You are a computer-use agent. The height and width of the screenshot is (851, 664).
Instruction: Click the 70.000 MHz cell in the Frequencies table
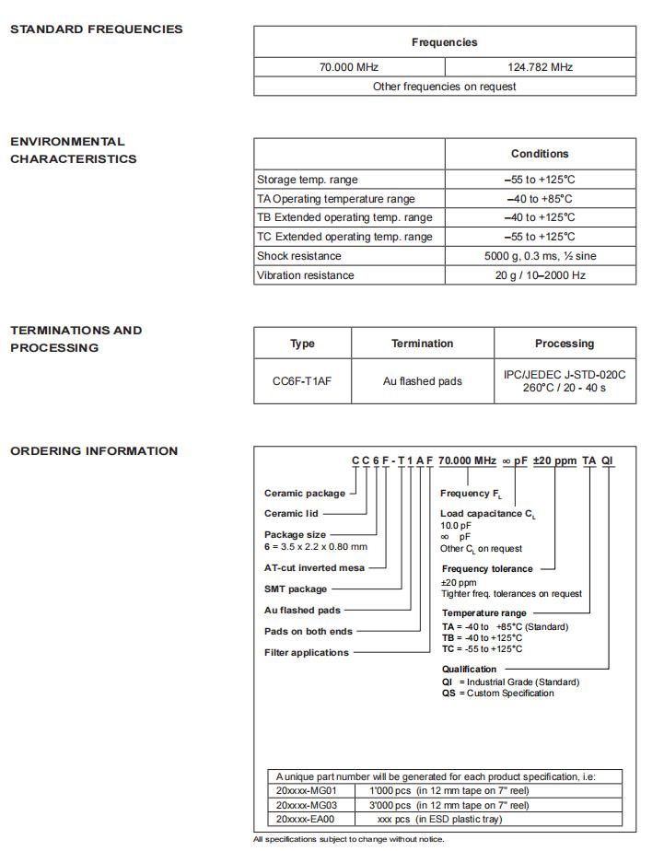(x=349, y=67)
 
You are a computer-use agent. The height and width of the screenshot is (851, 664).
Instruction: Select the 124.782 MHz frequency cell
(x=540, y=67)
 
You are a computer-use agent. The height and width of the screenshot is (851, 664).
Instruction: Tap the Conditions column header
(x=540, y=154)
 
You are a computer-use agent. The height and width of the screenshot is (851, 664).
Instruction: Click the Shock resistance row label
(x=299, y=256)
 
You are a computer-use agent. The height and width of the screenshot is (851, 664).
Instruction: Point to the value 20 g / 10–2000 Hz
(x=540, y=275)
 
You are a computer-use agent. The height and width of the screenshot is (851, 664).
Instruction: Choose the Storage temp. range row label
(x=308, y=180)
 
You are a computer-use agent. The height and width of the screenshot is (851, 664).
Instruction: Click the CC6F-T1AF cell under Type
(x=302, y=380)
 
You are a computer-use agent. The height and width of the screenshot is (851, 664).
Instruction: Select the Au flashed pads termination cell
(x=422, y=380)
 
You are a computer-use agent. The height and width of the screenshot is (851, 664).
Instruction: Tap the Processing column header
(x=564, y=344)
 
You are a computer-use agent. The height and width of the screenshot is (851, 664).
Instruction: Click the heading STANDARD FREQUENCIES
(x=97, y=29)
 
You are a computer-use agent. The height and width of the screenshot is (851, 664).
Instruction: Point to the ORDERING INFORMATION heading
(x=94, y=451)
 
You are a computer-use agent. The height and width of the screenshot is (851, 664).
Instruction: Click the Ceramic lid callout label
(x=291, y=514)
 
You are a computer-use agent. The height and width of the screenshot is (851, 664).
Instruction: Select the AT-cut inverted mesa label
(x=314, y=568)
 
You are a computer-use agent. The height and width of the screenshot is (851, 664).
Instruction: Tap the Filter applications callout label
(x=307, y=653)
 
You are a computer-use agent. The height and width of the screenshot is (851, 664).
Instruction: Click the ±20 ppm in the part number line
(x=554, y=460)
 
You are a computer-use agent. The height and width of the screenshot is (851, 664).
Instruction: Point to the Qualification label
(x=469, y=670)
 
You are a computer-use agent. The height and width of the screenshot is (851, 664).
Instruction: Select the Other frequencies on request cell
(x=444, y=87)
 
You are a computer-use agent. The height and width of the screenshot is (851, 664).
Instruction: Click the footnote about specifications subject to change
(x=349, y=839)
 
